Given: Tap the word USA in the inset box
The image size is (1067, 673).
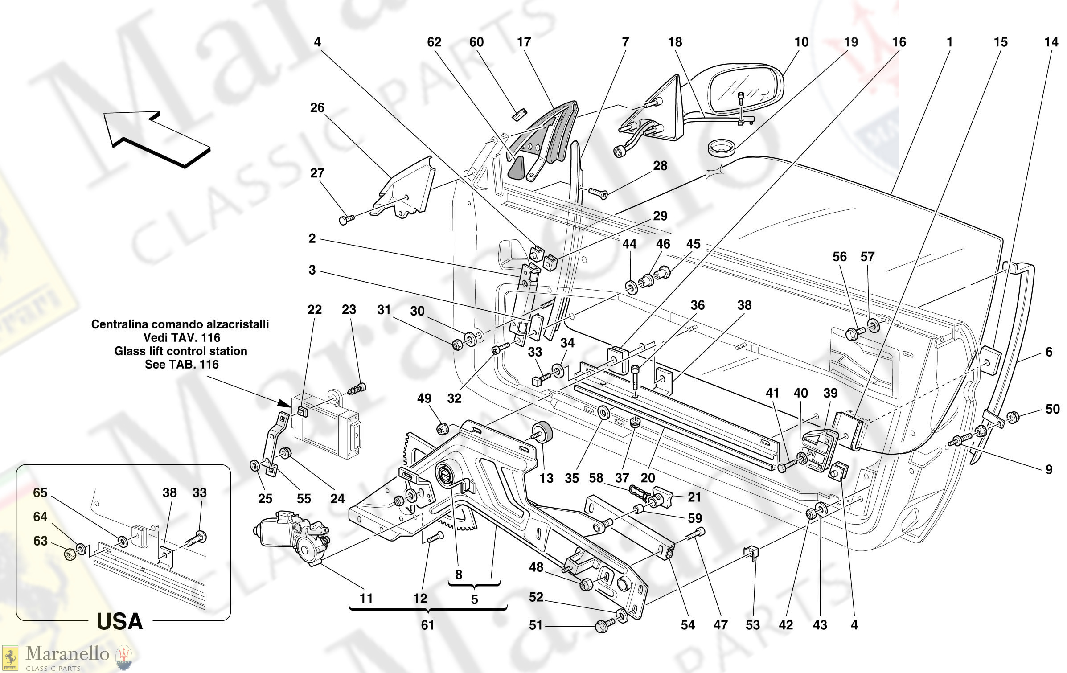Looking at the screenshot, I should tap(119, 621).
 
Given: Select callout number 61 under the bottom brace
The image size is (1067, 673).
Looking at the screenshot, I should tap(427, 625).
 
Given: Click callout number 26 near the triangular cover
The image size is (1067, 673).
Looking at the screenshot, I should tap(317, 107).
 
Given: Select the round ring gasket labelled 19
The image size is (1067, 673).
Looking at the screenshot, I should tap(721, 148).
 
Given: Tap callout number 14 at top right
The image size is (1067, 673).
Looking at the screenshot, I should tap(1051, 42).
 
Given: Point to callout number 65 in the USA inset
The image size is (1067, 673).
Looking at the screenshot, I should tap(40, 492).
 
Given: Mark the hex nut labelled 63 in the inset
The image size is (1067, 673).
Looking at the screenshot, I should tap(70, 554).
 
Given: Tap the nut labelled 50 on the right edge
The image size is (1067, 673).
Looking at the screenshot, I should tap(1013, 417).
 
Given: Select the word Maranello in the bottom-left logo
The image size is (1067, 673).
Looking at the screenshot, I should tap(67, 653).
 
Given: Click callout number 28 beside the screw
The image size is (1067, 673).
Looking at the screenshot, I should tap(660, 166).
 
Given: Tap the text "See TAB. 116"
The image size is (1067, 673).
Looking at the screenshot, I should tap(181, 365).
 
